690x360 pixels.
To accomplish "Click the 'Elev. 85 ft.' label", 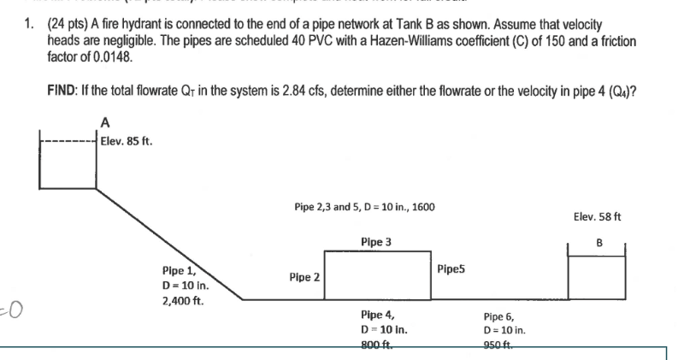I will click(127, 142).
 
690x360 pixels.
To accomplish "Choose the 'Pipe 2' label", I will click(305, 277).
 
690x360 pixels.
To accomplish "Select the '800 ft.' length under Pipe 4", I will click(377, 345).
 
